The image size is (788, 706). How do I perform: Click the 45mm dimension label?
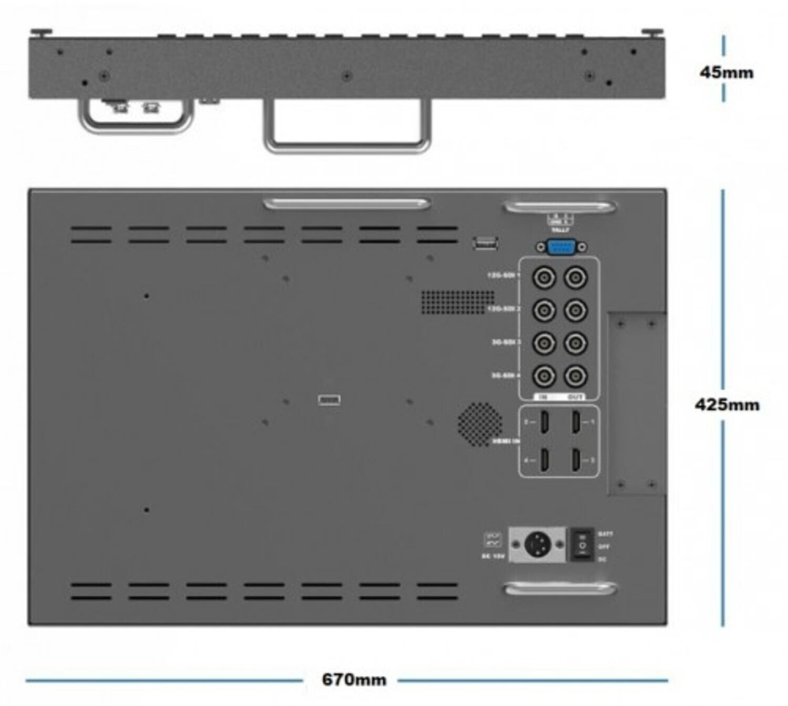click(x=726, y=72)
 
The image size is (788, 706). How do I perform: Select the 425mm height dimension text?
click(x=727, y=404)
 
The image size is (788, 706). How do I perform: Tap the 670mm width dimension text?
click(x=354, y=679)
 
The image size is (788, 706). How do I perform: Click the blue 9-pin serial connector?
click(x=561, y=246)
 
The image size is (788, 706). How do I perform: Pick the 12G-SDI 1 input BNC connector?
click(x=544, y=277)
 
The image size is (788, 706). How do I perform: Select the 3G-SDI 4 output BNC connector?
click(x=576, y=376)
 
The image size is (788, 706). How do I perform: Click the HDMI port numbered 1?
click(x=576, y=421)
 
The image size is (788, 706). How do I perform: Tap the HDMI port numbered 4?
click(x=545, y=460)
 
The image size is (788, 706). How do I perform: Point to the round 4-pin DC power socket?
click(x=537, y=544)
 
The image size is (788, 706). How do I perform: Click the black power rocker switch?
click(x=582, y=544)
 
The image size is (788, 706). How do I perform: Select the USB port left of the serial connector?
click(x=485, y=243)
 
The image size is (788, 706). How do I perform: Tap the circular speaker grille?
click(x=480, y=424)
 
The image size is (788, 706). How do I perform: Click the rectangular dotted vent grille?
click(x=457, y=302)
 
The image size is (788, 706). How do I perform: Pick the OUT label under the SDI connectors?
click(x=576, y=397)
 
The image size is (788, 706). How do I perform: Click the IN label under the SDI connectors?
click(x=544, y=397)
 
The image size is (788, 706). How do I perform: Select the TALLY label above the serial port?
click(x=560, y=230)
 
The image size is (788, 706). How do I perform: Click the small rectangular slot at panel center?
click(x=329, y=400)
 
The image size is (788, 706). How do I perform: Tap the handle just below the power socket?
click(x=560, y=588)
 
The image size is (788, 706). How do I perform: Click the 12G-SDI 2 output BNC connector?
click(x=576, y=310)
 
